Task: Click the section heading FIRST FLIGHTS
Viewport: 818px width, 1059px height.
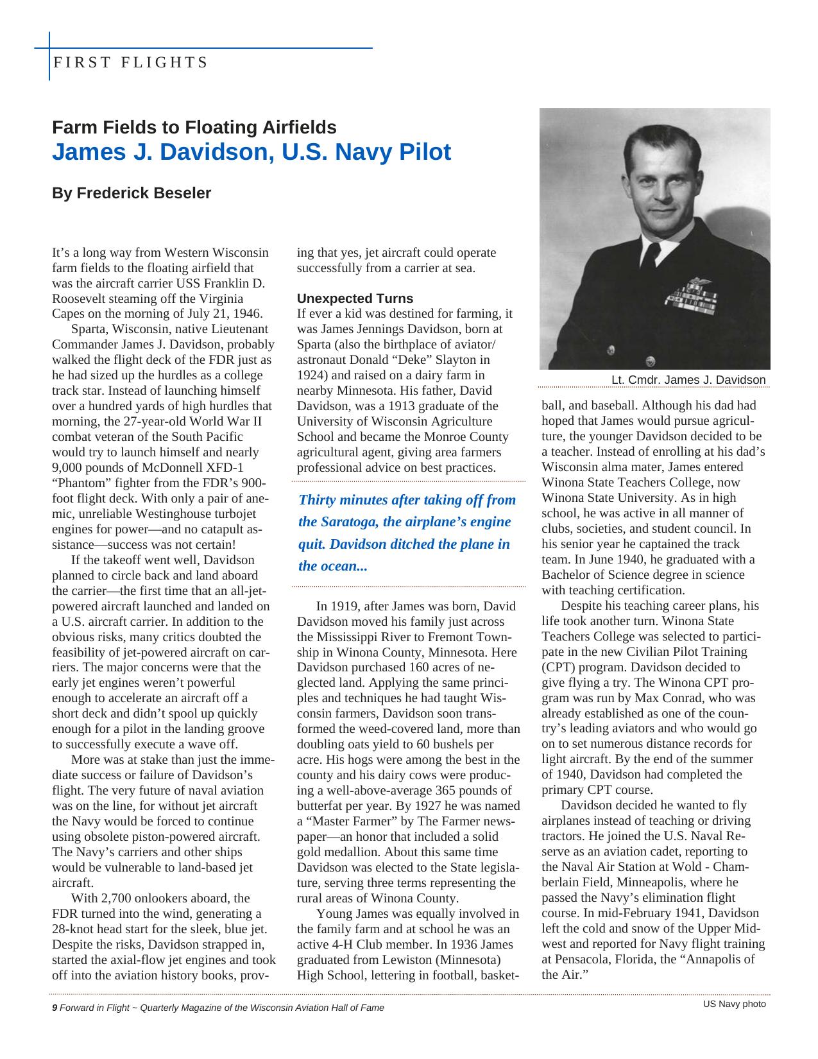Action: pyautogui.click(x=130, y=62)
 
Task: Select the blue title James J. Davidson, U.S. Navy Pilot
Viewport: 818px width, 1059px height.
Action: pyautogui.click(x=251, y=152)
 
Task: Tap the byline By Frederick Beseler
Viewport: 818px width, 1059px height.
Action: pyautogui.click(x=132, y=193)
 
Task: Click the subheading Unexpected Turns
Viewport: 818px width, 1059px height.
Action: pyautogui.click(x=355, y=298)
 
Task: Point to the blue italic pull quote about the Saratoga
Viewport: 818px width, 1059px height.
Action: pyautogui.click(x=407, y=533)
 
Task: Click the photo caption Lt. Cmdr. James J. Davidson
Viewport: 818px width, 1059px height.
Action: pyautogui.click(x=688, y=380)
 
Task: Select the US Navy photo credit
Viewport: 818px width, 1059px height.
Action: pyautogui.click(x=734, y=1004)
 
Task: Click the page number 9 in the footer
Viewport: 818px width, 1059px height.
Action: pyautogui.click(x=55, y=1008)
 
